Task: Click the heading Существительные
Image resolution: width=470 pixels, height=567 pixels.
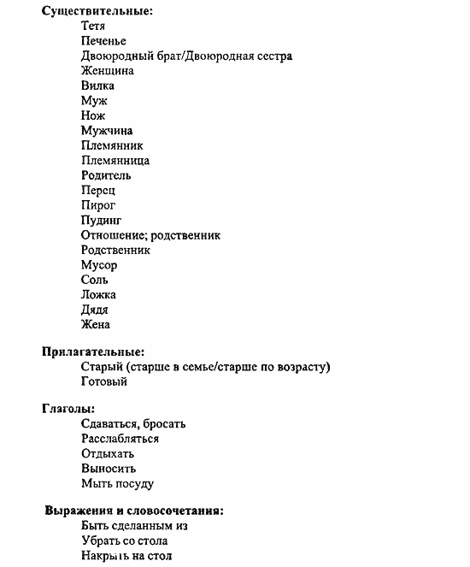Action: click(x=91, y=11)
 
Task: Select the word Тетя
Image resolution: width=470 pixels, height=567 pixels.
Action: click(x=93, y=27)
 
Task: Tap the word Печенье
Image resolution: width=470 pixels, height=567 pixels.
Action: click(x=103, y=41)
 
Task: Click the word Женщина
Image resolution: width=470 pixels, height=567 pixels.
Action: click(x=107, y=71)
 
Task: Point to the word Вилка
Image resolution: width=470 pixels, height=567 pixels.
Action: click(x=97, y=86)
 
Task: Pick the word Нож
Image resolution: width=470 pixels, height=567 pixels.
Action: click(x=93, y=115)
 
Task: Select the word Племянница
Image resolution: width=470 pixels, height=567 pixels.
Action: click(x=115, y=161)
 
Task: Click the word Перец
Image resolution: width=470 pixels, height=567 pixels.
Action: click(x=97, y=191)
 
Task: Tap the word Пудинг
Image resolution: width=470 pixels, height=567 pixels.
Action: click(x=101, y=221)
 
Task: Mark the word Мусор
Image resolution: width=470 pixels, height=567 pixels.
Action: click(x=98, y=265)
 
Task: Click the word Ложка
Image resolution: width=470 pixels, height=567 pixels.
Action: click(x=98, y=295)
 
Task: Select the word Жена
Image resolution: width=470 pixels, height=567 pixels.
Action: click(x=95, y=325)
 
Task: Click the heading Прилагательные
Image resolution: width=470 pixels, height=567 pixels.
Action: click(x=93, y=351)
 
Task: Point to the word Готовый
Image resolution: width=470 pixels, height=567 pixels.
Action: click(x=104, y=381)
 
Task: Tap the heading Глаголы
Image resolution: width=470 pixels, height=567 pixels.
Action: click(x=68, y=409)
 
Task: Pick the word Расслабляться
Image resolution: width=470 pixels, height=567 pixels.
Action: click(x=120, y=439)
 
